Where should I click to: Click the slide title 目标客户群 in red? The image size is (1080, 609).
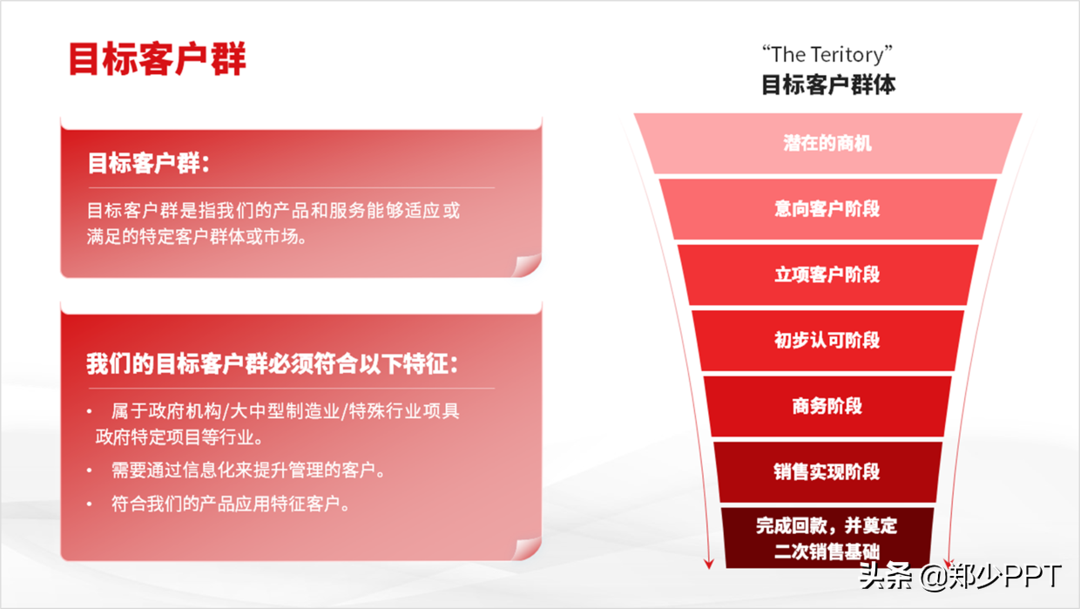pyautogui.click(x=158, y=59)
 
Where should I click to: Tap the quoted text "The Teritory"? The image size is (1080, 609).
pyautogui.click(x=827, y=55)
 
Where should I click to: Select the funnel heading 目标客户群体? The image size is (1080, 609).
pyautogui.click(x=827, y=85)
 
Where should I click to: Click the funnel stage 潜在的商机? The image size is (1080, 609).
pyautogui.click(x=827, y=143)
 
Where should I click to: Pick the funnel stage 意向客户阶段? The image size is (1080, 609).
pyautogui.click(x=827, y=209)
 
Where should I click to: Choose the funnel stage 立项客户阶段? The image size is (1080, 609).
pyautogui.click(x=827, y=274)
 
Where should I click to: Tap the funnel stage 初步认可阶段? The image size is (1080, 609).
pyautogui.click(x=827, y=340)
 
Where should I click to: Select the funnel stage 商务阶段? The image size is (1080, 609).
pyautogui.click(x=827, y=406)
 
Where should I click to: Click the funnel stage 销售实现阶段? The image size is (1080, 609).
pyautogui.click(x=827, y=471)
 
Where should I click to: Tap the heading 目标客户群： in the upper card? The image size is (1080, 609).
pyautogui.click(x=149, y=163)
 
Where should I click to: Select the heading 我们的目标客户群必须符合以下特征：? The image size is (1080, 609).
pyautogui.click(x=272, y=363)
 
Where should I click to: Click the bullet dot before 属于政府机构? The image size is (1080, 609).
pyautogui.click(x=90, y=411)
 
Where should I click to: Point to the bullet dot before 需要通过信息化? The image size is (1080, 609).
pyautogui.click(x=90, y=470)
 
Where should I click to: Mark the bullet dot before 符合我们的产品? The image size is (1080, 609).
pyautogui.click(x=90, y=504)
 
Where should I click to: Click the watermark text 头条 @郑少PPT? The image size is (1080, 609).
pyautogui.click(x=960, y=576)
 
